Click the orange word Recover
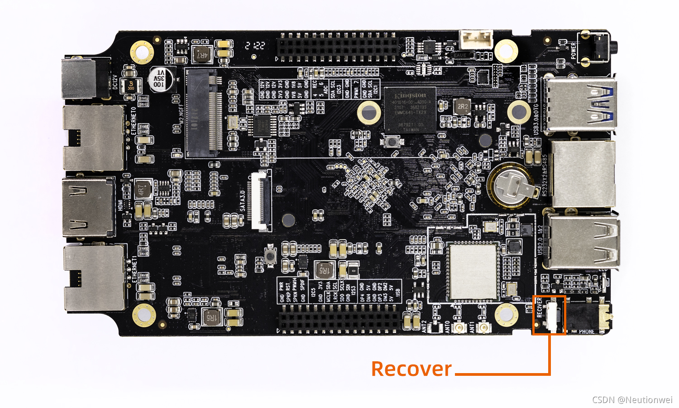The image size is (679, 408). tap(411, 369)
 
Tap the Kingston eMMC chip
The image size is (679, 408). tap(410, 111)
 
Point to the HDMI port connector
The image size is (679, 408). tap(88, 207)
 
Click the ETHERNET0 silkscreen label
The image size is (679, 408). tap(134, 121)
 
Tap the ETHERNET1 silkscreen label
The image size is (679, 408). tap(134, 270)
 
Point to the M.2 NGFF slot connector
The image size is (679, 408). tap(204, 113)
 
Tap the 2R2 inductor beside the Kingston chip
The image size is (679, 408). tap(462, 107)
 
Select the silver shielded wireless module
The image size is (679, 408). tap(473, 272)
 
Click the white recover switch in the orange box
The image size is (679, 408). tap(552, 315)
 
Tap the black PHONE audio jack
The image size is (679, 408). tap(588, 316)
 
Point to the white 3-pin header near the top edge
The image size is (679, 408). tap(476, 39)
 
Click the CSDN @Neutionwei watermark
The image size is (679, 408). tap(632, 399)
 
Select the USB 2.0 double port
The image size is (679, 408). tap(582, 241)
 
